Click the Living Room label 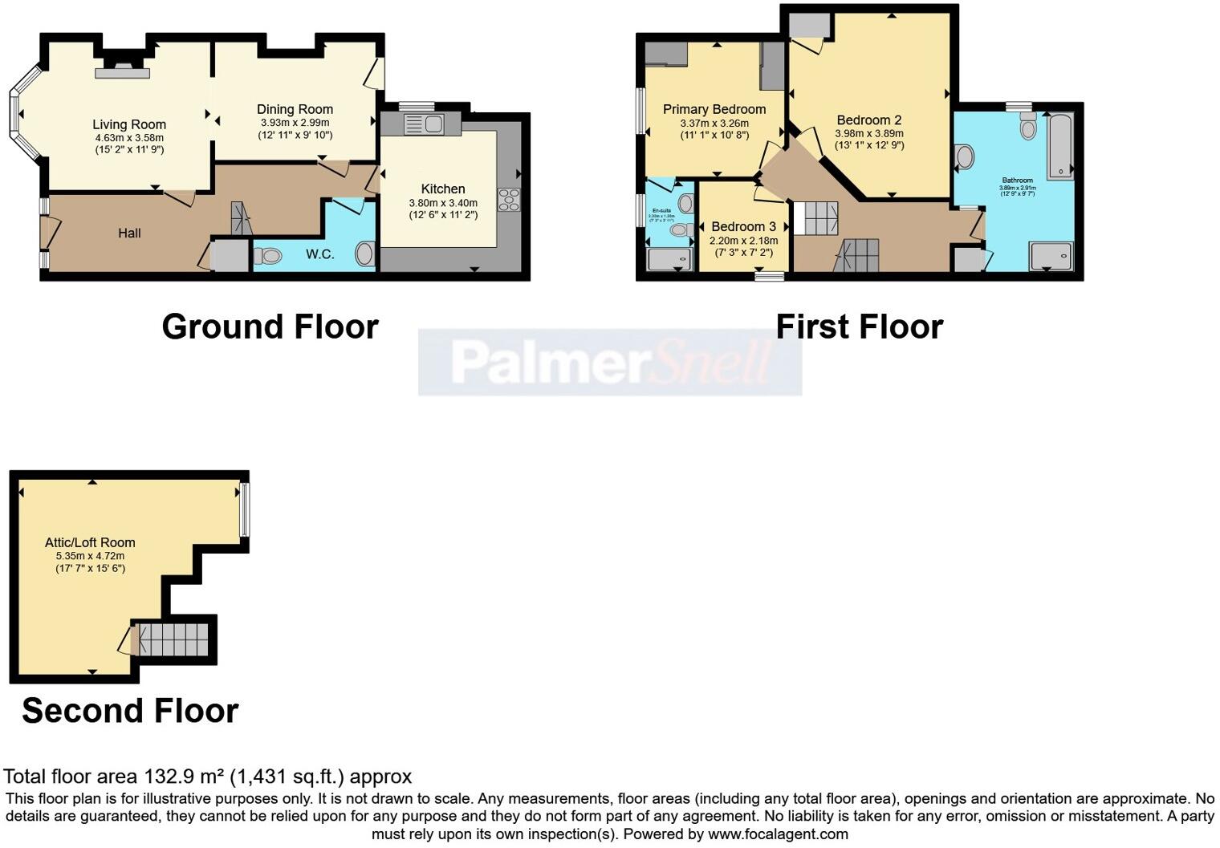[x=129, y=124]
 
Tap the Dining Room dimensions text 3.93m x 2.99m [x=295, y=122]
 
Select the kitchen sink [x=424, y=124]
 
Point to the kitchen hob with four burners [x=509, y=199]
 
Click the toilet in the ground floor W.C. [x=267, y=256]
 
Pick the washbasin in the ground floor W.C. [x=365, y=254]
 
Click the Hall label [x=129, y=233]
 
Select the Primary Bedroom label [x=714, y=109]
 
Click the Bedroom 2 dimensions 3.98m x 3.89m [x=869, y=133]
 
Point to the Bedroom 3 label [x=743, y=227]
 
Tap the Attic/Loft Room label [x=90, y=542]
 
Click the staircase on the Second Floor [x=174, y=639]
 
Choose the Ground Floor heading [x=270, y=327]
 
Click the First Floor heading [x=859, y=327]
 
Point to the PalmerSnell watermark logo [x=610, y=363]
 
